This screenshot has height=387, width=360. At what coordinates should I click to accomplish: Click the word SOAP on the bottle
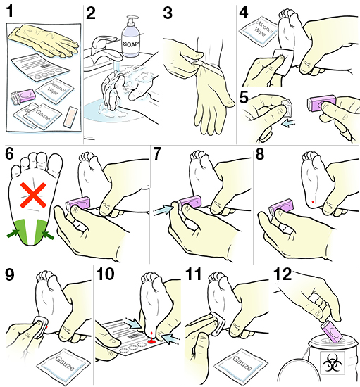[131, 44]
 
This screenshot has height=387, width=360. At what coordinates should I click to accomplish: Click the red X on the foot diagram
[33, 195]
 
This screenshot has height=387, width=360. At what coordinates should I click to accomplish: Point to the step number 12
[283, 274]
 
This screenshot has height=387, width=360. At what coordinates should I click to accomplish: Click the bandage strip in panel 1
[70, 117]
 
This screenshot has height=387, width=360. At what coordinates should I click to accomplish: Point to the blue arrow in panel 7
[163, 209]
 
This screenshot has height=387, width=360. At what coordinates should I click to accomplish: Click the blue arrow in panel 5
[288, 123]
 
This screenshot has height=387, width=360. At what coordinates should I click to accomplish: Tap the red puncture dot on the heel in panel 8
[313, 202]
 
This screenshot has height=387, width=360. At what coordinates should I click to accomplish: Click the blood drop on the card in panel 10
[151, 341]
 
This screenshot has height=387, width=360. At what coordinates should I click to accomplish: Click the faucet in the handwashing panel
[104, 49]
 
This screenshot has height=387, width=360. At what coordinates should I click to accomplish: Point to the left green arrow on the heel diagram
[13, 233]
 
